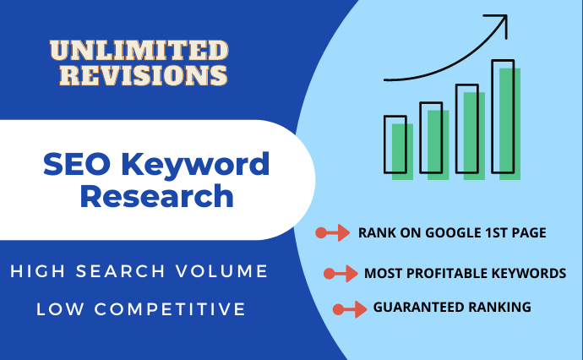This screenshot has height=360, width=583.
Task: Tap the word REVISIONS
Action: click(x=138, y=75)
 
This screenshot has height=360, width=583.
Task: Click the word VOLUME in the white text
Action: click(x=227, y=272)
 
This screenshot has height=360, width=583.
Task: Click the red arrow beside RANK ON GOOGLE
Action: click(x=332, y=232)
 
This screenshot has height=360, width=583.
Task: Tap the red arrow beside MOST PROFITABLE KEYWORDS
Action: click(x=341, y=273)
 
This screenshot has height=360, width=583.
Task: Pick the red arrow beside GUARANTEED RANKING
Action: click(x=350, y=308)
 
